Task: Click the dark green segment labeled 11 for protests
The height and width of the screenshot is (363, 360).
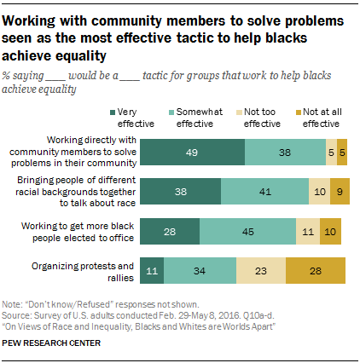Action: pyautogui.click(x=152, y=270)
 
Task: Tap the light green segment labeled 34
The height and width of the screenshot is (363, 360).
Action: pyautogui.click(x=200, y=270)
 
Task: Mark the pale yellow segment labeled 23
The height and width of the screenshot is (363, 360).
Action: pyautogui.click(x=260, y=270)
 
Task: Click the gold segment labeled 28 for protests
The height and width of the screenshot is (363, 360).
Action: pyautogui.click(x=316, y=270)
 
